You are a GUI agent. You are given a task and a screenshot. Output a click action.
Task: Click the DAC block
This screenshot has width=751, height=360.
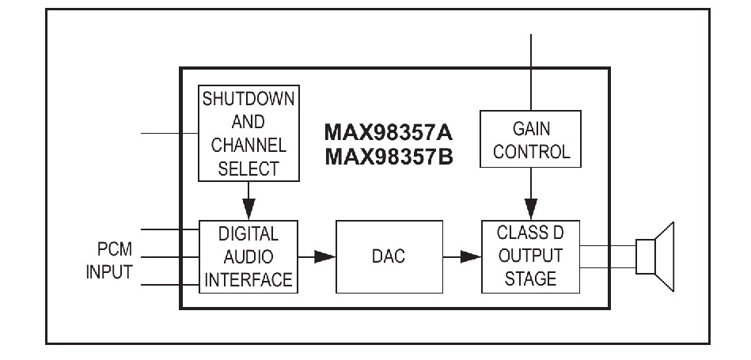(389, 256)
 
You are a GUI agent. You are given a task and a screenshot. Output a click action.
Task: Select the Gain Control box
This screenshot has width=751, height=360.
(531, 138)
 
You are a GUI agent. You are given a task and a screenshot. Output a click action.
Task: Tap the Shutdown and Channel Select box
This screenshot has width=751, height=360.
(248, 133)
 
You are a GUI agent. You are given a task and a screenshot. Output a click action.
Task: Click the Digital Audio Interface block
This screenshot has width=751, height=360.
(248, 256)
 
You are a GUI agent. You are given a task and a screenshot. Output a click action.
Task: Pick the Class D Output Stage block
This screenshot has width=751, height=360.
(531, 256)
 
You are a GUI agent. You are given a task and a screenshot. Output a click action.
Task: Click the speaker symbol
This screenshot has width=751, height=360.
(655, 256)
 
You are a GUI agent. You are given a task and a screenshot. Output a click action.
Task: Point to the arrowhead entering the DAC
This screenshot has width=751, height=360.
(324, 257)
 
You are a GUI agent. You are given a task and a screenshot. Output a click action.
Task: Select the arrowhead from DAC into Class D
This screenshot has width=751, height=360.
(470, 257)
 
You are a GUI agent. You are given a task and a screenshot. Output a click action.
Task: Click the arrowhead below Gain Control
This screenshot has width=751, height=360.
(531, 209)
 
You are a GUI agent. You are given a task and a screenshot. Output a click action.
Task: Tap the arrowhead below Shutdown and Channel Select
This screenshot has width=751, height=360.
(248, 209)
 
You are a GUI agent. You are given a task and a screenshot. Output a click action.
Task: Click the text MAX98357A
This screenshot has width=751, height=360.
(389, 133)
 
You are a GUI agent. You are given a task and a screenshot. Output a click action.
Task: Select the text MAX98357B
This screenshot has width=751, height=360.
(389, 157)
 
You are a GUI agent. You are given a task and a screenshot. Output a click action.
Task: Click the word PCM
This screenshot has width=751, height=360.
(115, 249)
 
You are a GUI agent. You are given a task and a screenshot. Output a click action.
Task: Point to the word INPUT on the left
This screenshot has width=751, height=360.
(109, 272)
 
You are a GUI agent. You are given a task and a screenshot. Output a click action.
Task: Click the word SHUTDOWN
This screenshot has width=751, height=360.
(248, 99)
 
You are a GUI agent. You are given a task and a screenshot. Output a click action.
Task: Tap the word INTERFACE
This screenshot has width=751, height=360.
(248, 279)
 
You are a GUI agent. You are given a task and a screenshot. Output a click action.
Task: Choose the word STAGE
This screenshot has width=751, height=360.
(531, 279)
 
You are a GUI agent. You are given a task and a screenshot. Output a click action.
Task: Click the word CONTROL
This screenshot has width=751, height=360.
(532, 152)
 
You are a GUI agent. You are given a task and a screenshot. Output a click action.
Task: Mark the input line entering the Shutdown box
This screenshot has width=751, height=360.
(169, 133)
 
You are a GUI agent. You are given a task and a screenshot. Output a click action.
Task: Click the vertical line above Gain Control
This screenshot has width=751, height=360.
(531, 72)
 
